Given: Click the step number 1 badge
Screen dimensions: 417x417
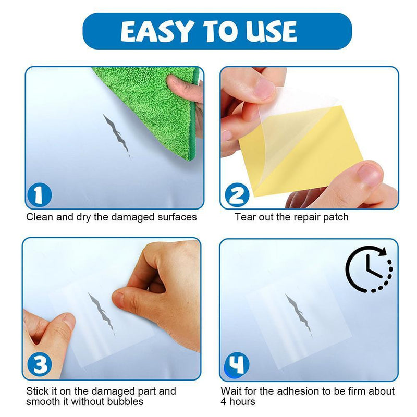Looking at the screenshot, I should click(40, 196).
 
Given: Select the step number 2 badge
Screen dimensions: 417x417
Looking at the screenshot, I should click(237, 196).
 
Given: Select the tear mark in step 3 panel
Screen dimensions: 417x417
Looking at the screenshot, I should click(101, 312).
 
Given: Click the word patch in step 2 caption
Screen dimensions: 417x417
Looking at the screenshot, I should click(336, 216).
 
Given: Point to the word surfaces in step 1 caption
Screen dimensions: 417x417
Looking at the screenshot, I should click(177, 216).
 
